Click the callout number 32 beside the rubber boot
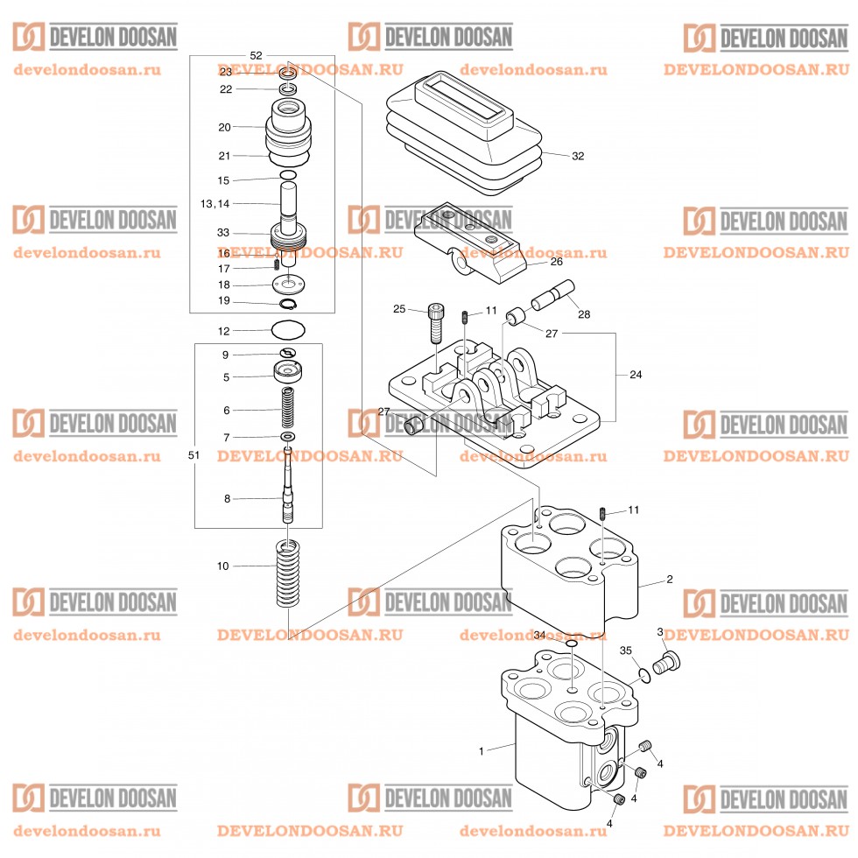click(x=578, y=157)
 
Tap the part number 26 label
click(x=556, y=262)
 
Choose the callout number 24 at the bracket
click(x=636, y=375)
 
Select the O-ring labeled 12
click(x=289, y=332)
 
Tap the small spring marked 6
click(x=288, y=409)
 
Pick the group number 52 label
click(x=256, y=55)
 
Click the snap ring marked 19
click(x=288, y=304)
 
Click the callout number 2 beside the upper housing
click(x=669, y=580)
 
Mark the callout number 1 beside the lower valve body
click(x=481, y=751)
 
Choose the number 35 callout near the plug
click(x=625, y=651)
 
